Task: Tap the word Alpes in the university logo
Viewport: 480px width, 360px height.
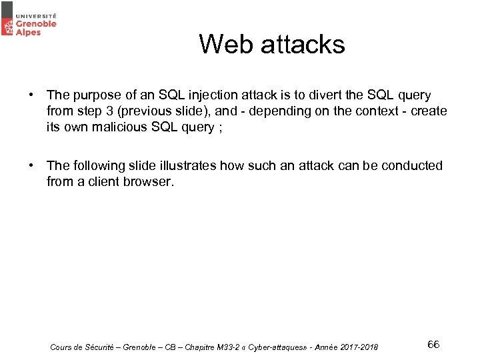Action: [29, 32]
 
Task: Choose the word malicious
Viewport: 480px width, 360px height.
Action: [123, 127]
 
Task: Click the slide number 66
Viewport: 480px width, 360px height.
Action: [433, 344]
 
